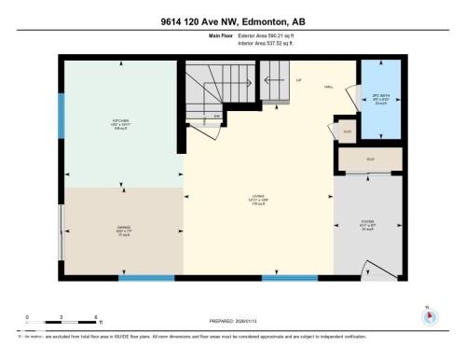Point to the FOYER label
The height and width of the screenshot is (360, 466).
coord(368,222)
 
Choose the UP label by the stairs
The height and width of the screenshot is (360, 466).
coord(298,82)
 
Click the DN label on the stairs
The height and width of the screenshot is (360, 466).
coord(216,116)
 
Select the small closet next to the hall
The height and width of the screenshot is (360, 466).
coord(346,132)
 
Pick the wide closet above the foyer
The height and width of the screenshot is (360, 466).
coord(369,159)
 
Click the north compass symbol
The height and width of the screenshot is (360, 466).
coord(430,315)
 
